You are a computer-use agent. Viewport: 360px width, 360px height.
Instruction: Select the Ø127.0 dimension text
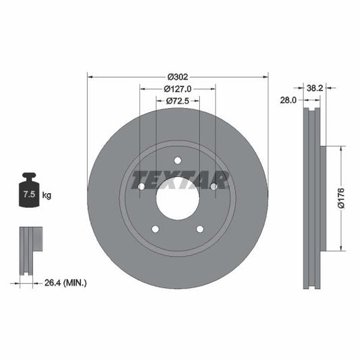(178, 88)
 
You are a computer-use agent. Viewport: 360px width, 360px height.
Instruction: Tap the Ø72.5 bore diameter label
(178, 101)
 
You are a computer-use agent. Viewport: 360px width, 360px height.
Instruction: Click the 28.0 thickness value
(289, 99)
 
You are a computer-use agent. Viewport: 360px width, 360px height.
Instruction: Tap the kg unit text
(47, 195)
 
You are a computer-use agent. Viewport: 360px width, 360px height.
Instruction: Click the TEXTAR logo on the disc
(179, 180)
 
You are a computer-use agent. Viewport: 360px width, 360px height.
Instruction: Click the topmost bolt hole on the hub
(178, 160)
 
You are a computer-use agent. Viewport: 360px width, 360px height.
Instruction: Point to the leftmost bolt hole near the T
(140, 186)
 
